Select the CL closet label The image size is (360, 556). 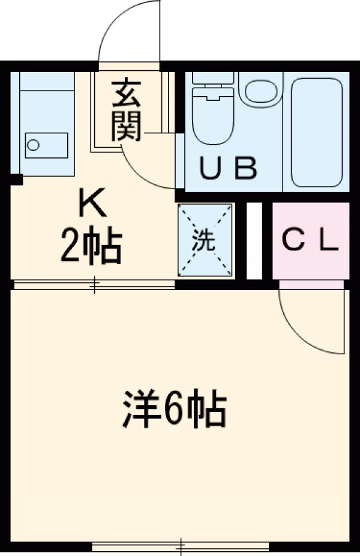click(x=310, y=241)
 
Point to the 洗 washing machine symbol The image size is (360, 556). click(x=204, y=240)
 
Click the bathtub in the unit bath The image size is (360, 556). click(x=316, y=132)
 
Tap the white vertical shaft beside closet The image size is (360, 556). click(x=254, y=241)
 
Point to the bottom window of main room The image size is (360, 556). click(x=180, y=546)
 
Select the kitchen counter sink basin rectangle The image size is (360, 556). click(x=46, y=145)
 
